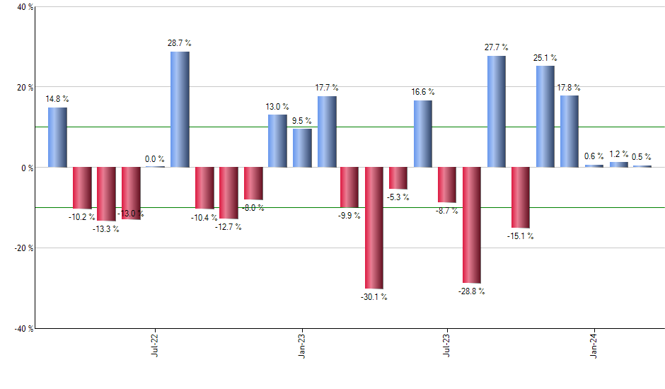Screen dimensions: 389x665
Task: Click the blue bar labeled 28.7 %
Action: pos(180,110)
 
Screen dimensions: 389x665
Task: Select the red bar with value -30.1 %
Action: pos(374,228)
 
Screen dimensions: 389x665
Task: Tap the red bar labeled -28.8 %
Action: pos(472,225)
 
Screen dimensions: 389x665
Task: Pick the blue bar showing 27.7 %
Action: pos(497,112)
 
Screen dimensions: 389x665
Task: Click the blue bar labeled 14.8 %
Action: pos(57,137)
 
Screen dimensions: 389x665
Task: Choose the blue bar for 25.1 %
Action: pos(545,117)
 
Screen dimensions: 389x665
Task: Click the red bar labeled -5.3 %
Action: pos(398,178)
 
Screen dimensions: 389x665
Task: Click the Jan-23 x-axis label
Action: pos(301,344)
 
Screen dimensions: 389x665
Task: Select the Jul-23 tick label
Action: pos(447,344)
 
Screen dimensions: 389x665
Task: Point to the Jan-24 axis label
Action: pos(594,344)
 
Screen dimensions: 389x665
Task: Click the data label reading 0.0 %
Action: pos(154,159)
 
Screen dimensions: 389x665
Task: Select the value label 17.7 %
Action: pos(327,88)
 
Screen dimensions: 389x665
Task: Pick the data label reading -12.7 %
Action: pos(229,227)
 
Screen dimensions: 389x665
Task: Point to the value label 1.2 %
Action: pos(619,153)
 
